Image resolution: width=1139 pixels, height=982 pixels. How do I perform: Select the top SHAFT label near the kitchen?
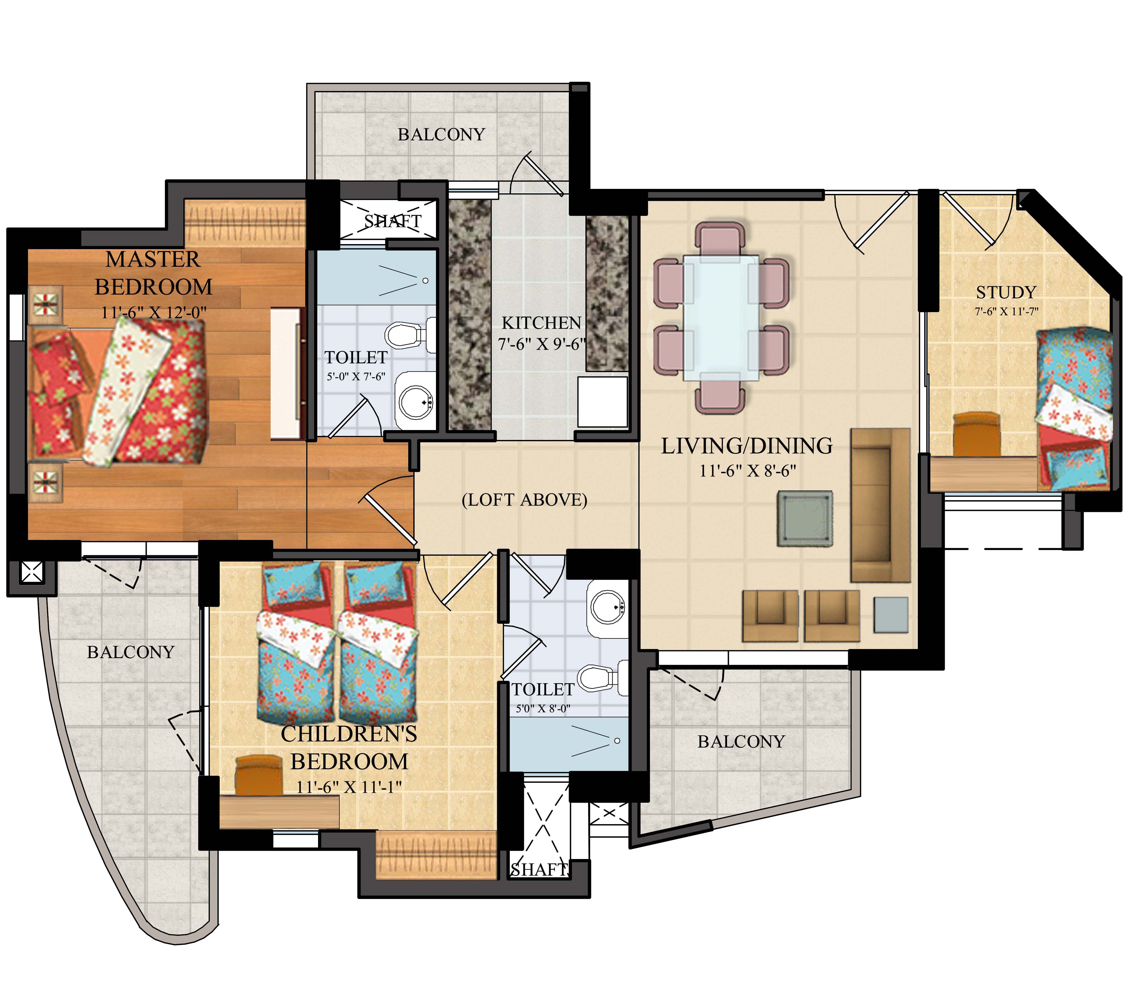392,221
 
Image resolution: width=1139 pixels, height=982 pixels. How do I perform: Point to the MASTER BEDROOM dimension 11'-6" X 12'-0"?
153,312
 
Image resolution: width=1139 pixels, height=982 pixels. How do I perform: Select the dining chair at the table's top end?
720,237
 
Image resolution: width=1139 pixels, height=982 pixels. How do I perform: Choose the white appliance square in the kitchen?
602,402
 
